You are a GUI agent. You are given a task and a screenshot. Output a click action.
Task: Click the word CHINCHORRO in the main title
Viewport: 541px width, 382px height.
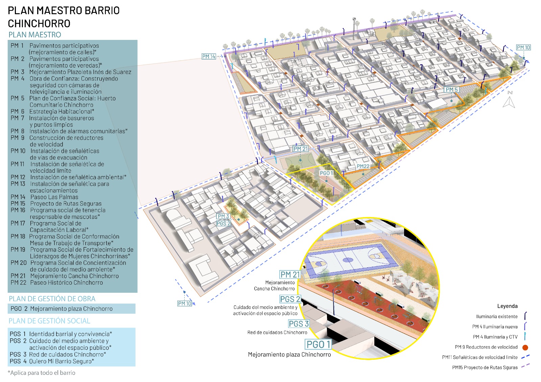coord(39,24)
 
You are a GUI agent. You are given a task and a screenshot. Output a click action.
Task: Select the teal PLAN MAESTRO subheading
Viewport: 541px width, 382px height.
coord(35,35)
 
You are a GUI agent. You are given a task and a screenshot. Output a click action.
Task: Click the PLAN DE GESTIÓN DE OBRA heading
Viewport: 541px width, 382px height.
coord(52,299)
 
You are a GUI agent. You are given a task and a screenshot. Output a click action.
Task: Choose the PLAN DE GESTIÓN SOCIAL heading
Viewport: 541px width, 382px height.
coord(49,321)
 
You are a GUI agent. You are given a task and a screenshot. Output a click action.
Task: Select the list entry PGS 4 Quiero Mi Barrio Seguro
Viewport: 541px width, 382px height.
coord(52,361)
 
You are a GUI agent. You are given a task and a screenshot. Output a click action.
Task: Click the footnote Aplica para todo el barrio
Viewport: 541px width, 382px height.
coord(42,373)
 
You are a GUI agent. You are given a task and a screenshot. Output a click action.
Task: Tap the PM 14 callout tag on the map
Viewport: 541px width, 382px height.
coord(209,56)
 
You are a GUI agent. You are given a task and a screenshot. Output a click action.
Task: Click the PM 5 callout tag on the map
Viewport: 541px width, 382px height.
coord(451,90)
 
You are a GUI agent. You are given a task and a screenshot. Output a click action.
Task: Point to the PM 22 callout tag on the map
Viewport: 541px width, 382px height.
coord(363,166)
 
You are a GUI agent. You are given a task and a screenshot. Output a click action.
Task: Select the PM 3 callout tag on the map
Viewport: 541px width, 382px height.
coord(223,216)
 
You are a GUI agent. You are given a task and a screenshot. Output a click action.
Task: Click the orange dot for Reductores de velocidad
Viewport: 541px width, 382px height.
coord(525,347)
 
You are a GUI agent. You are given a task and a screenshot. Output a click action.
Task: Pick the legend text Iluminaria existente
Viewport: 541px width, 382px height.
coord(497,317)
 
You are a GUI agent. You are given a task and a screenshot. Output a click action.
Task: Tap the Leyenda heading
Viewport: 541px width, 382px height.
coord(507,306)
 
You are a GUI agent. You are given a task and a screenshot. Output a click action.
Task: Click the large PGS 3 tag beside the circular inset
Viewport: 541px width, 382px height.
coord(299,324)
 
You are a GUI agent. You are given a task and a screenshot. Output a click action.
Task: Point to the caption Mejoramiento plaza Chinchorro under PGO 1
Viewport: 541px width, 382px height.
coord(289,355)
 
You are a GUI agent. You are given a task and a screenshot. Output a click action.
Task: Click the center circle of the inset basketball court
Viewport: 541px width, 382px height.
coord(348,260)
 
